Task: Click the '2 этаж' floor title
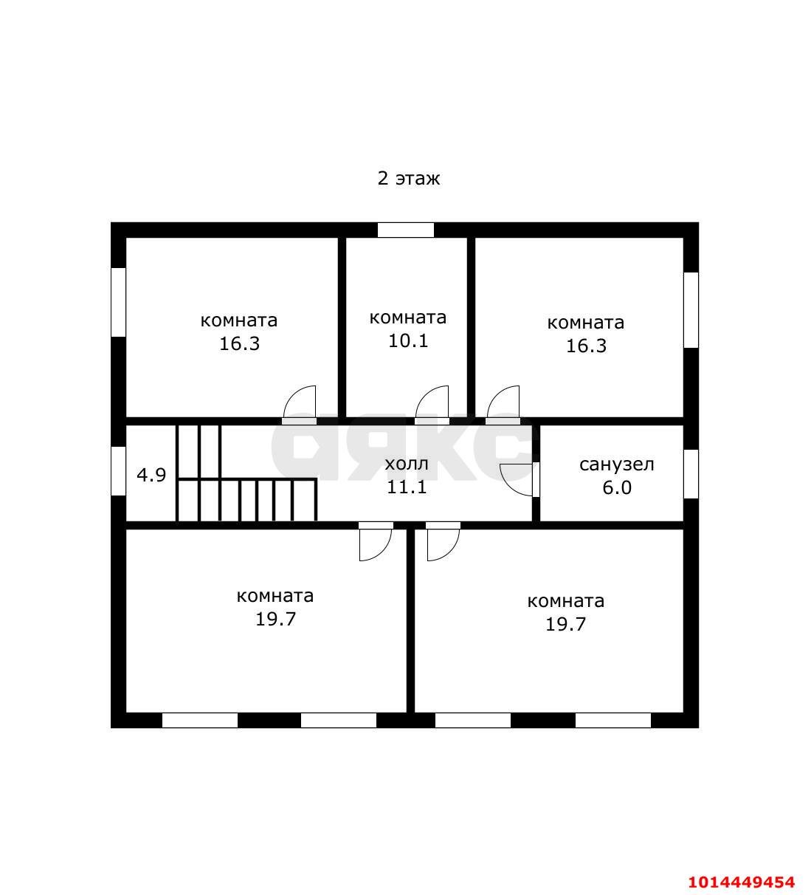pos(408,179)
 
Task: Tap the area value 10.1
pos(408,341)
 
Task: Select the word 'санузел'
pos(617,465)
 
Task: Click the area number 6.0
pos(617,487)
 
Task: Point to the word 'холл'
pos(407,464)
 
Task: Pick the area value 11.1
pos(407,487)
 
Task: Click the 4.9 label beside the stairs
pos(151,475)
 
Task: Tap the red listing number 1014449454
pos(742,882)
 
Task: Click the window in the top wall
pos(406,230)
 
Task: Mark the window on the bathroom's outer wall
pos(691,474)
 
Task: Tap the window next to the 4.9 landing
pos(118,471)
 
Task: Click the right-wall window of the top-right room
pos(691,310)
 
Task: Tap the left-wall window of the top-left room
pos(118,302)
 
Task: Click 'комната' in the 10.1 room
pos(408,318)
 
